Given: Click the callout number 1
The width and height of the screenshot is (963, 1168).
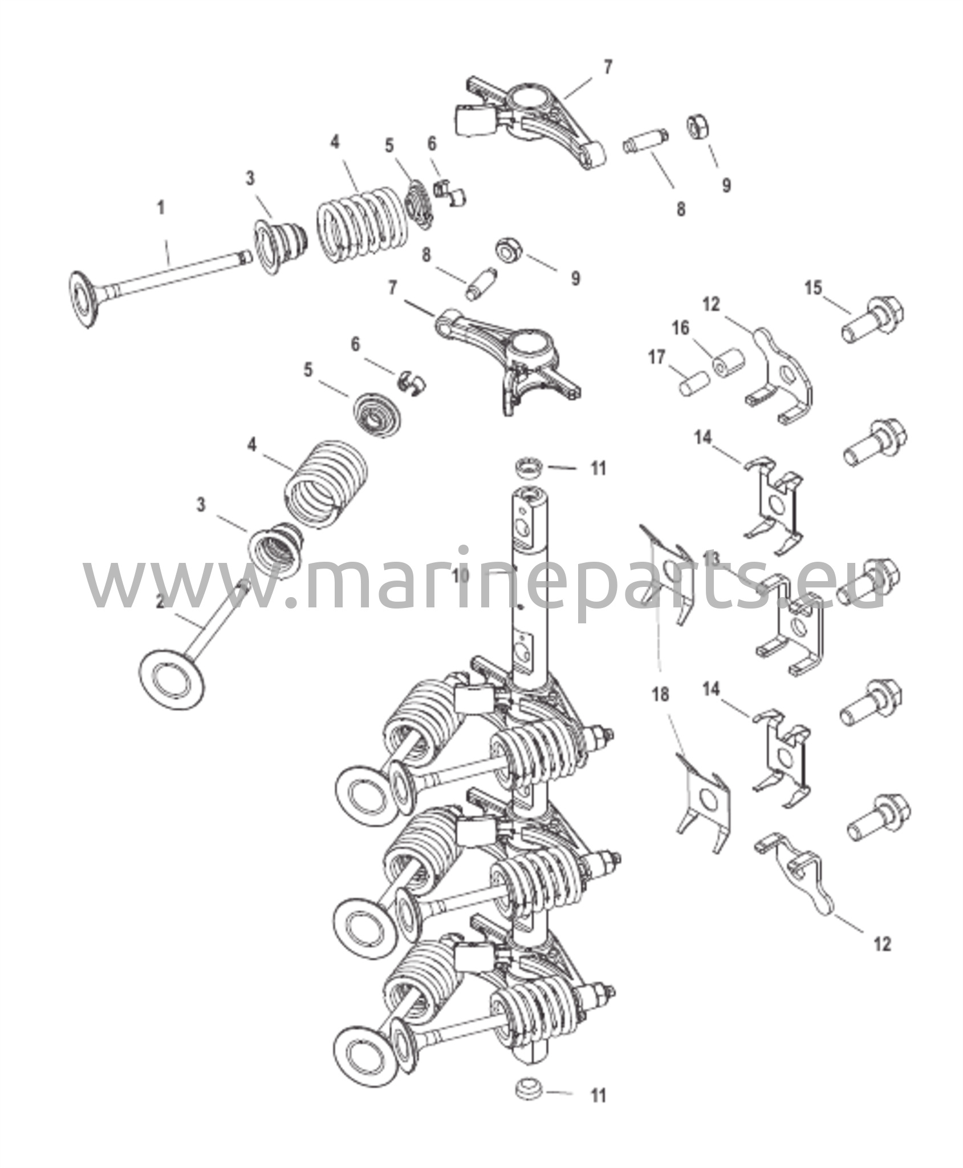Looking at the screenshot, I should (161, 208).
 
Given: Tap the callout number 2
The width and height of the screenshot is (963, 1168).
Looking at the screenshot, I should (161, 601).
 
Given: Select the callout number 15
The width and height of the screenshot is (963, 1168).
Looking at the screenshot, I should (814, 288).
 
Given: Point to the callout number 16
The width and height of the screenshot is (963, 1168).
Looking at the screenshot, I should (680, 328).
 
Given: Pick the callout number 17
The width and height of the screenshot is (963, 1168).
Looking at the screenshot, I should (657, 358).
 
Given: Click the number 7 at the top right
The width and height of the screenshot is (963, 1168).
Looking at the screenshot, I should (608, 67).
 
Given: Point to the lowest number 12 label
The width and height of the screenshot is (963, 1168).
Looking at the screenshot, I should (882, 944).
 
